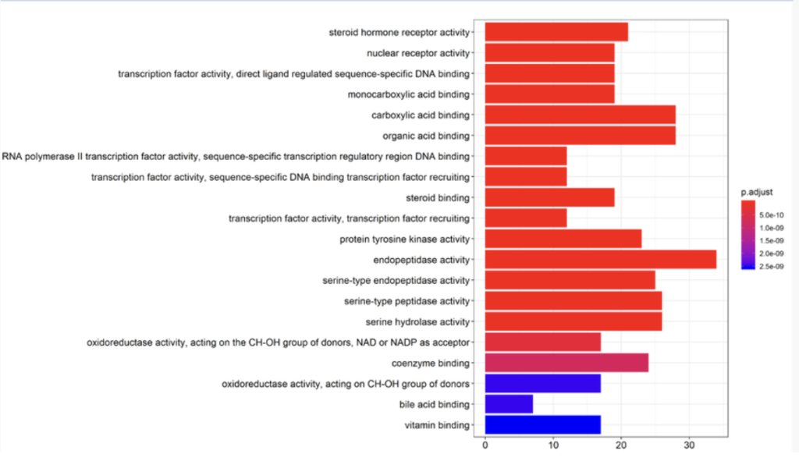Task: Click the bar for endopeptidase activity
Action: [x=600, y=260]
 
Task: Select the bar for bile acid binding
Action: [x=509, y=404]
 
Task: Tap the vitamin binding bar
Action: [x=542, y=425]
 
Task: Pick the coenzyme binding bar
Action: [x=566, y=363]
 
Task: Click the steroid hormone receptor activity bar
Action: [x=556, y=32]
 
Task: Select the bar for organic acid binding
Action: [x=580, y=136]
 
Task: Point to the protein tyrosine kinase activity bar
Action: [x=563, y=239]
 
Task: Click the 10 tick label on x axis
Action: [x=553, y=445]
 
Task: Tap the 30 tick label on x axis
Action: [x=689, y=445]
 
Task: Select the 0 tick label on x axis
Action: [x=485, y=445]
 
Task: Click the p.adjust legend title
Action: [x=757, y=191]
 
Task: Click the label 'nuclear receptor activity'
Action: [x=418, y=53]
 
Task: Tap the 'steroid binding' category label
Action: [x=442, y=197]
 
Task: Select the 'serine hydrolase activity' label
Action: [x=417, y=321]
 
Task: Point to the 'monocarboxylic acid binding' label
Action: [x=409, y=94]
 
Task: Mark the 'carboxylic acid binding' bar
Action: [x=580, y=115]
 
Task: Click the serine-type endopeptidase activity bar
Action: [x=570, y=280]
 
